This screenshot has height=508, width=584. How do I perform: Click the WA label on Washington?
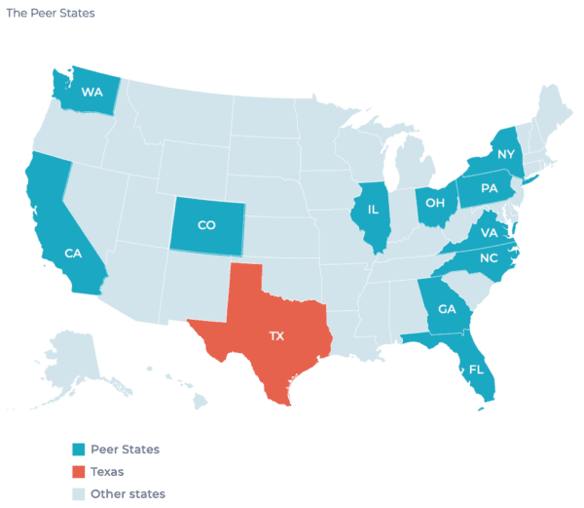(92, 93)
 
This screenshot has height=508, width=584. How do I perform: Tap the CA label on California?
(72, 254)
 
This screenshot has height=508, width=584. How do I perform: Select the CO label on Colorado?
(206, 225)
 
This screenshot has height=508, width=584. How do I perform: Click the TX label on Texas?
(276, 335)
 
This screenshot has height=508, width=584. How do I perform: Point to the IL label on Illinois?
(373, 210)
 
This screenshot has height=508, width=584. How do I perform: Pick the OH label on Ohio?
(435, 204)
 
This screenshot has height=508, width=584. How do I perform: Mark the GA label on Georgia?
(447, 310)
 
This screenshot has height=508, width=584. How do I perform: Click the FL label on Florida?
(476, 371)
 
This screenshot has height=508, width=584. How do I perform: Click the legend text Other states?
(128, 494)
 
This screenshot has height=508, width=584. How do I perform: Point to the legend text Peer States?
(125, 449)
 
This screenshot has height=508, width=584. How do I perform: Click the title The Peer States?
(51, 15)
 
